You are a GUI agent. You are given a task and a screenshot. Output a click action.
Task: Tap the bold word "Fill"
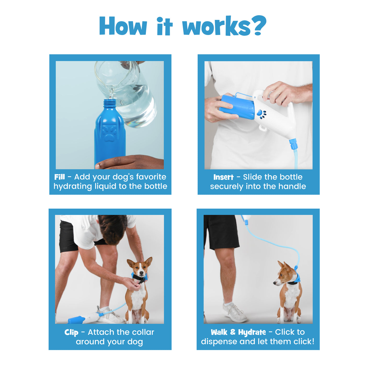click(60, 177)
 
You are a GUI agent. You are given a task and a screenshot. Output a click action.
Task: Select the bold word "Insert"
click(223, 177)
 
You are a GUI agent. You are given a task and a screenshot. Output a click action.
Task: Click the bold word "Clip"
click(71, 332)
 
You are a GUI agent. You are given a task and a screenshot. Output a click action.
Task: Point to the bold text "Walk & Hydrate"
click(238, 332)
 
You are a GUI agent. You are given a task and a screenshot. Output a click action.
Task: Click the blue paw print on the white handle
click(261, 114)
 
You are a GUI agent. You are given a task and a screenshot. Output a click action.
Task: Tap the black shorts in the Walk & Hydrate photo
click(222, 231)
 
